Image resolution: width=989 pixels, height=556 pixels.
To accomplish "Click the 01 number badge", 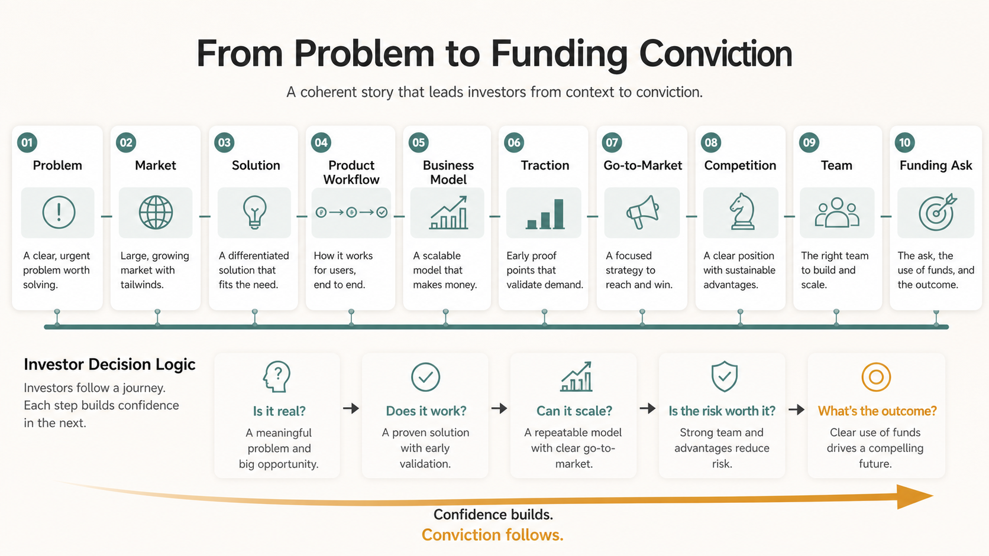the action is click(x=27, y=142).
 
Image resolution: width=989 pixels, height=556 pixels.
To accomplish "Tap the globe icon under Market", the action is click(x=156, y=212).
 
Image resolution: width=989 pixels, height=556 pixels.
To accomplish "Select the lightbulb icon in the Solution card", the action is click(x=255, y=212).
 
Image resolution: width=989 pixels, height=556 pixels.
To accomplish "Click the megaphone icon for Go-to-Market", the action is click(x=642, y=212).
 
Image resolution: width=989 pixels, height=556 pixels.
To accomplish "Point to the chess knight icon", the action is click(x=742, y=211).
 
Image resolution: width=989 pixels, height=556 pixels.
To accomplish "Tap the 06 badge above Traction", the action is click(x=514, y=142).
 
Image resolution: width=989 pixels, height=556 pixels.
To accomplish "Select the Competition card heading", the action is click(x=740, y=165).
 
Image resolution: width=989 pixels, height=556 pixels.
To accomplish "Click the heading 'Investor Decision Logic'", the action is click(x=109, y=365).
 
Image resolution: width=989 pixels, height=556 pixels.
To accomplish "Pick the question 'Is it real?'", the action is click(x=279, y=411).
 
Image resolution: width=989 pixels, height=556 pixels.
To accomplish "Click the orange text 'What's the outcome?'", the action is click(x=877, y=411).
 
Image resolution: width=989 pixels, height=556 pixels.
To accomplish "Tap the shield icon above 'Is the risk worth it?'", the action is click(x=724, y=376).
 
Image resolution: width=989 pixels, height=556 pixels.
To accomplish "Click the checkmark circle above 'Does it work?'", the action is click(x=425, y=377).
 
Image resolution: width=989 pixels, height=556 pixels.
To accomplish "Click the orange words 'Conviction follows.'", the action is click(x=492, y=535).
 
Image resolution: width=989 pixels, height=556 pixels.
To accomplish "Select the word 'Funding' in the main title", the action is click(x=559, y=54).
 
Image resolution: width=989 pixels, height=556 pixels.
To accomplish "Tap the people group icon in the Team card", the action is click(x=836, y=213).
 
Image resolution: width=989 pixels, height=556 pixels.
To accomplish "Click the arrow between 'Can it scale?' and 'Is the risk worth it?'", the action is click(x=648, y=408).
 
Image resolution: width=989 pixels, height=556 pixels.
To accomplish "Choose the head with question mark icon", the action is click(x=276, y=376).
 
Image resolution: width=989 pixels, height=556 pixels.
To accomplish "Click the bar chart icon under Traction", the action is click(x=545, y=214).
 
